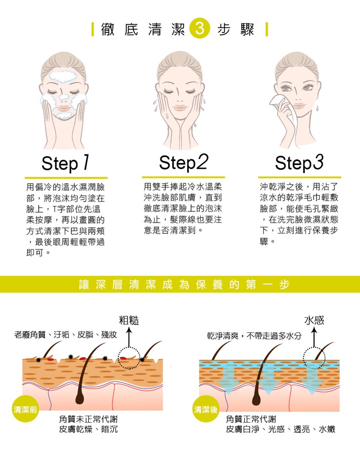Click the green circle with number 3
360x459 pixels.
[200, 29]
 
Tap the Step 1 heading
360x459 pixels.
[66, 163]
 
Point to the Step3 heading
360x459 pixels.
[299, 163]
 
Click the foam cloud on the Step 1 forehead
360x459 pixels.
[63, 76]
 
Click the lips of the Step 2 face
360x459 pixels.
[180, 108]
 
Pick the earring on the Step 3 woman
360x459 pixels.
[317, 108]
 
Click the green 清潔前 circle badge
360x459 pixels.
[26, 409]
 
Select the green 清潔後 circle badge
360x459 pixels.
[206, 409]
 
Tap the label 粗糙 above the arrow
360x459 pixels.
[129, 320]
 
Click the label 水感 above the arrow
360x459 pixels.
[314, 320]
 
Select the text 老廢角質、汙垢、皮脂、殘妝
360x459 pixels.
[66, 335]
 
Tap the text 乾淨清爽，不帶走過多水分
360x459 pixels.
[254, 336]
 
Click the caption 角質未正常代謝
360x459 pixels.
[88, 419]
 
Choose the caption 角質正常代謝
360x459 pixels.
[251, 419]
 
